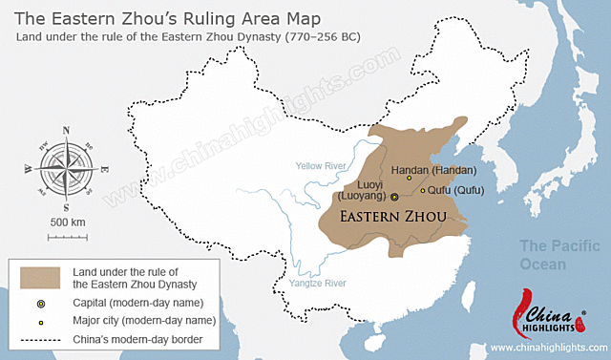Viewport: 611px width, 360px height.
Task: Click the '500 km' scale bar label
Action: click(66, 222)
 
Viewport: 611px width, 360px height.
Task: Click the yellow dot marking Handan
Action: click(410, 177)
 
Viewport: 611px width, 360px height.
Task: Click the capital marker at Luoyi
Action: click(394, 195)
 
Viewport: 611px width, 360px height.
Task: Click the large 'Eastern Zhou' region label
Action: click(393, 217)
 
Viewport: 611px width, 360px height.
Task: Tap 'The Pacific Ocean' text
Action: click(548, 255)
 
